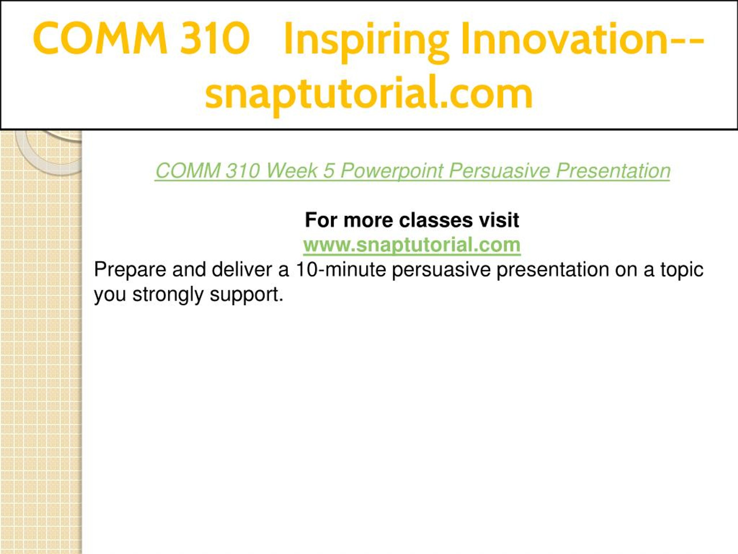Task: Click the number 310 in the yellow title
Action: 215,38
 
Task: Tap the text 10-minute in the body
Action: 341,269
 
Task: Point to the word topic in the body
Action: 682,270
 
